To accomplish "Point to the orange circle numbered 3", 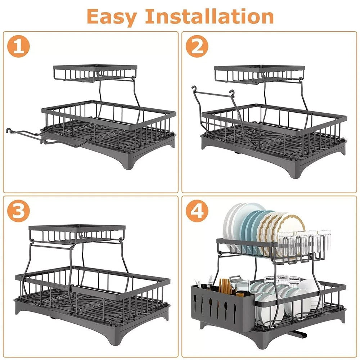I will coord(19,212).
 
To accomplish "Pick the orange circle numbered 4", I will coord(197,212).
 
